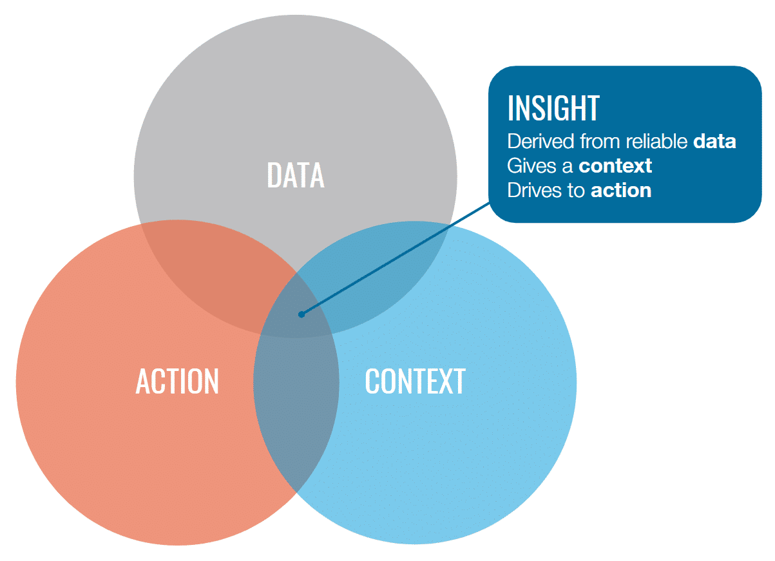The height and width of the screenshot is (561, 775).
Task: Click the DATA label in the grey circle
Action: [296, 175]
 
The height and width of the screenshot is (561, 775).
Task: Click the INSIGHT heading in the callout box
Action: [553, 108]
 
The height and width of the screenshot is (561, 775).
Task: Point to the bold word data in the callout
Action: [714, 142]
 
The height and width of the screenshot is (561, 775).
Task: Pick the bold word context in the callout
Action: [615, 166]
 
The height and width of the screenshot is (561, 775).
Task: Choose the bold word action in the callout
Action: [621, 191]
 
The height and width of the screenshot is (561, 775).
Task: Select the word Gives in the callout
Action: [528, 166]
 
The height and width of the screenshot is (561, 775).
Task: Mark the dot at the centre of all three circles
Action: [301, 314]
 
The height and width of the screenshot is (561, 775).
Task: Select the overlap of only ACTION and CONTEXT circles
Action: [296, 412]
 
